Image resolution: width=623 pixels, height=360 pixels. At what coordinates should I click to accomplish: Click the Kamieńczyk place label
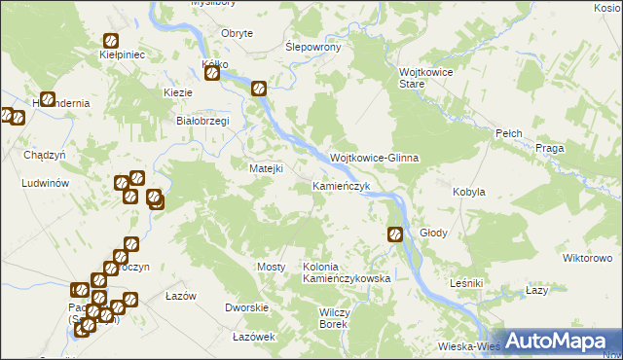click(x=341, y=186)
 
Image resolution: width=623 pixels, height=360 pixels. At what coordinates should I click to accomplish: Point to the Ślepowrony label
click(x=311, y=47)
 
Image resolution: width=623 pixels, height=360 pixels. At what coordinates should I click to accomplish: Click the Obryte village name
click(x=237, y=33)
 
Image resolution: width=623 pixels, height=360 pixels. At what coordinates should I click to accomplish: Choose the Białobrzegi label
click(x=201, y=121)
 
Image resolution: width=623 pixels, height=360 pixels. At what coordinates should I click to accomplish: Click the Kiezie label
click(x=178, y=92)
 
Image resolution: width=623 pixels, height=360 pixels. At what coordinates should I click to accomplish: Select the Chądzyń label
click(x=44, y=155)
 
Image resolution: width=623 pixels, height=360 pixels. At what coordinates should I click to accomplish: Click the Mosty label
click(x=271, y=267)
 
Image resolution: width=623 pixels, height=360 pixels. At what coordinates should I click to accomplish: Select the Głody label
click(x=433, y=234)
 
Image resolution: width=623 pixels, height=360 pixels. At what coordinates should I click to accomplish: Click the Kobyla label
click(x=469, y=193)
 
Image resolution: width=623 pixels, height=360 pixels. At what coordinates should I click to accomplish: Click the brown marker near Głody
click(x=395, y=234)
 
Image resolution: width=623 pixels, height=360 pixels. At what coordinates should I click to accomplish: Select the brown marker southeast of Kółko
click(x=259, y=89)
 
